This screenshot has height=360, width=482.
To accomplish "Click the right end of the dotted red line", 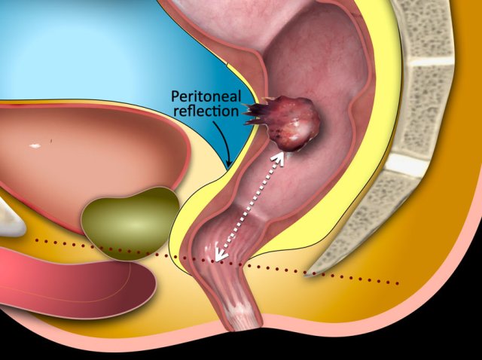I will (397, 283).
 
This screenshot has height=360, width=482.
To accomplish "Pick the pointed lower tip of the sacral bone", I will (307, 275).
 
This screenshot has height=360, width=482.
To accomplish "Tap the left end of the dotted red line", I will (35, 241).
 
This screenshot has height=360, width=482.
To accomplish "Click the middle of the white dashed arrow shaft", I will (251, 206).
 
